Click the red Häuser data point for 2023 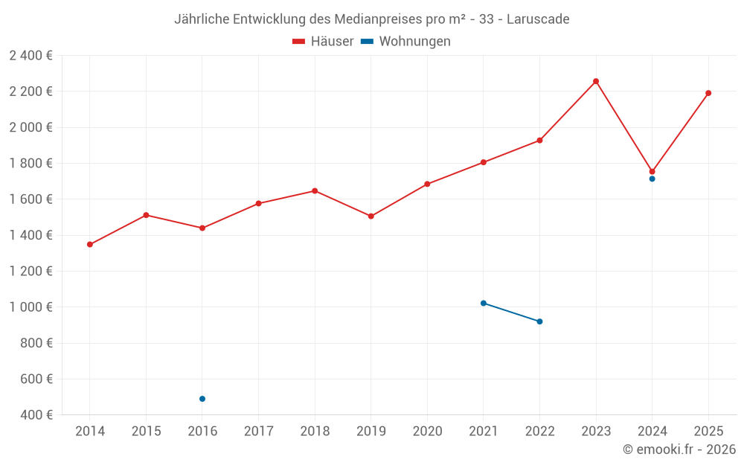point(595,81)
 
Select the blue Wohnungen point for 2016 point(202,399)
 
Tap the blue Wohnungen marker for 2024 point(652,179)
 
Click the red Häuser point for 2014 point(90,244)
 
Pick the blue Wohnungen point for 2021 point(484,303)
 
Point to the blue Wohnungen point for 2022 point(539,321)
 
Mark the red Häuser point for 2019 point(371,216)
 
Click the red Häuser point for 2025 point(708,93)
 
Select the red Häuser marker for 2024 point(652,171)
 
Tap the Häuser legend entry point(323,42)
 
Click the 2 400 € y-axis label point(31,55)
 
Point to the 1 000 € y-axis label point(31,307)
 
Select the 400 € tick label point(36,415)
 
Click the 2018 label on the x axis point(315,432)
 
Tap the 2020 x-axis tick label point(427,432)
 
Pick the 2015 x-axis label point(146,432)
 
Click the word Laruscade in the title point(538,19)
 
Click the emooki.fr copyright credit point(679,449)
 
